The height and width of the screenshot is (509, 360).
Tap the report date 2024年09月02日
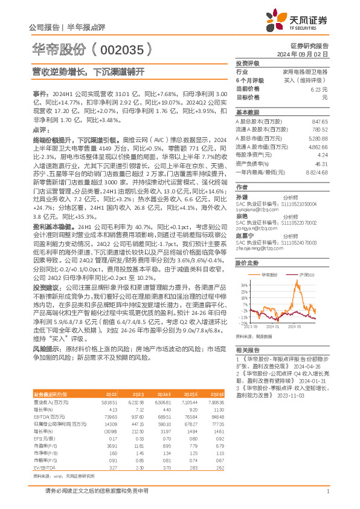[309, 54]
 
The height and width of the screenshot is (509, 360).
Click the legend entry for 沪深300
[306, 274]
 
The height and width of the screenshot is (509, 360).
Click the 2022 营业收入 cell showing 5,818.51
[109, 401]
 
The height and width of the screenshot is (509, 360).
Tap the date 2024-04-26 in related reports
[309, 365]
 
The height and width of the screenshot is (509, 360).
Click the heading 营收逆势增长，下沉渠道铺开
[89, 72]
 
